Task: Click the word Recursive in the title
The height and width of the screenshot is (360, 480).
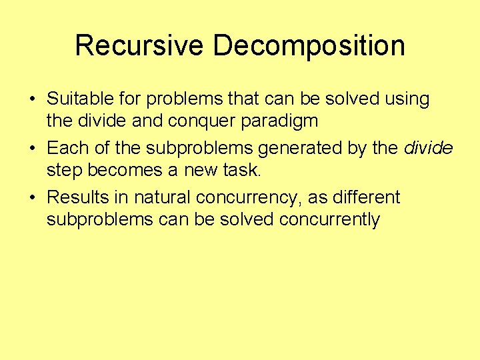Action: click(x=139, y=46)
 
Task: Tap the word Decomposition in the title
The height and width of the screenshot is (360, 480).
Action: click(x=309, y=46)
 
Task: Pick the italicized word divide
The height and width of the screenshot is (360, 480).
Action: click(x=429, y=148)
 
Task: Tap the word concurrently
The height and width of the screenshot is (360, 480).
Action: click(x=326, y=220)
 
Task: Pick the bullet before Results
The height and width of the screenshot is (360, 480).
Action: click(x=33, y=198)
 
